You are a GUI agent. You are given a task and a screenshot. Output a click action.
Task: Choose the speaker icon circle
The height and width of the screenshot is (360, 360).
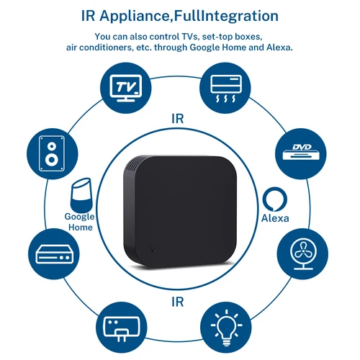[x=53, y=153]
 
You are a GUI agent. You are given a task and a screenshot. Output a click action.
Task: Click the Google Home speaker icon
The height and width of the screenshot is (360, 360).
[x=80, y=196]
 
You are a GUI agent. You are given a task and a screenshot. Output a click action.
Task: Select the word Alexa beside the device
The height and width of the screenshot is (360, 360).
[x=274, y=219]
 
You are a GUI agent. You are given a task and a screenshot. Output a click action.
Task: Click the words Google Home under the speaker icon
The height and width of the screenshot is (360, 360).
[x=79, y=222]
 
